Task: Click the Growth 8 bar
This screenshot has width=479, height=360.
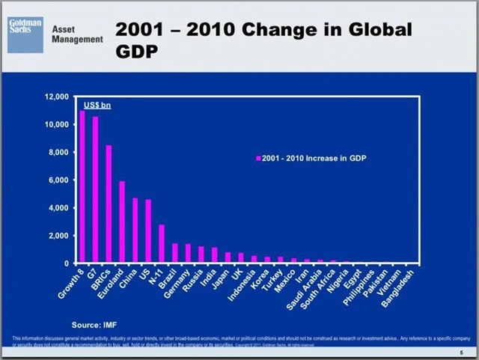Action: (82, 187)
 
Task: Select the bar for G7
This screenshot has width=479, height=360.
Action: (95, 190)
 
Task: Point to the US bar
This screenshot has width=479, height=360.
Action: (148, 231)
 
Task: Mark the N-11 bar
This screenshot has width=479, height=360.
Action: (162, 244)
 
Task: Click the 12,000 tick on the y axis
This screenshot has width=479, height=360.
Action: (56, 97)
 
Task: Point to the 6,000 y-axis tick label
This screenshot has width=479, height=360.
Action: (58, 180)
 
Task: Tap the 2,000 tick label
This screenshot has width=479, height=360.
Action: (58, 236)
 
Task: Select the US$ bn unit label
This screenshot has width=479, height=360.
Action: (97, 106)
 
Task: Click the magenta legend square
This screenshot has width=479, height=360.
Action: (258, 159)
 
